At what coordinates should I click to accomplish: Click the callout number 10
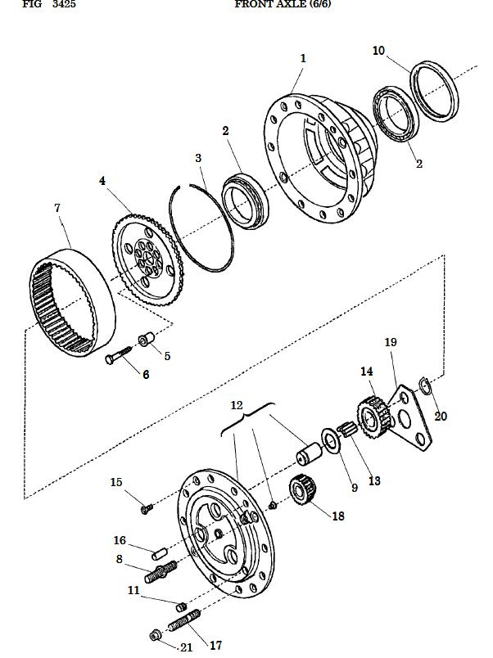coord(378,51)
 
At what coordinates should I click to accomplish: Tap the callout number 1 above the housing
coord(303,58)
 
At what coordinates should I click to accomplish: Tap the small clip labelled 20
coord(425,386)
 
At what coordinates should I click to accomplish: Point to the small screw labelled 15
coord(147,508)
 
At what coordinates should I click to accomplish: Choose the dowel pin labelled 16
coord(160,554)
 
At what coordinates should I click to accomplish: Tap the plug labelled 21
coord(155,635)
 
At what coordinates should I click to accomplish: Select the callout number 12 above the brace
coord(237,405)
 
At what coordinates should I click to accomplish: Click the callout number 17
coord(215,646)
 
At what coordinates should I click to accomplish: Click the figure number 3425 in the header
coord(64,5)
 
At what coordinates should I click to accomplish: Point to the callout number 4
coord(102,181)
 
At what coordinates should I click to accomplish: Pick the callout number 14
coord(367,372)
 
